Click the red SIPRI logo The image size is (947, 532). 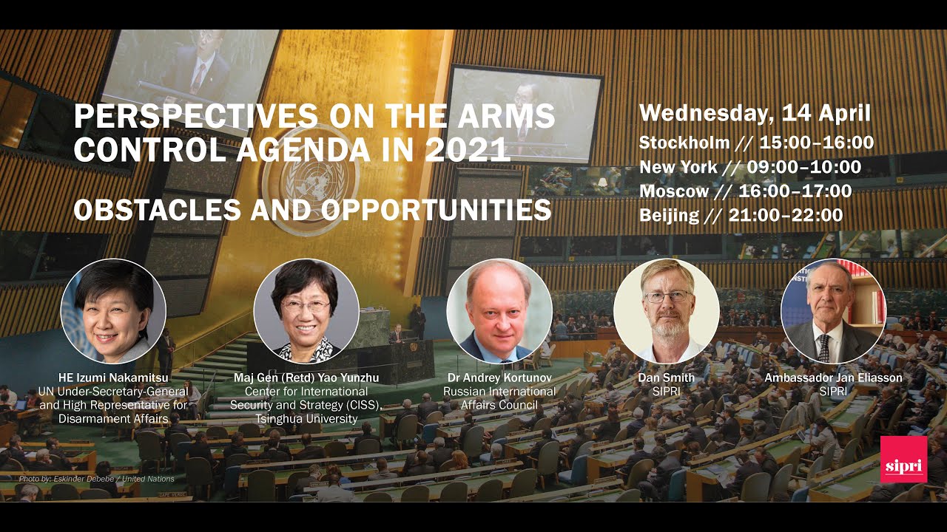click(x=903, y=459)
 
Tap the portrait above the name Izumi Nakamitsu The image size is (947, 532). click(x=113, y=310)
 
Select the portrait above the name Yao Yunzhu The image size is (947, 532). click(x=306, y=310)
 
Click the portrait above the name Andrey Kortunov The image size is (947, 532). click(x=499, y=310)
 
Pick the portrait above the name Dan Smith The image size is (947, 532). click(x=667, y=310)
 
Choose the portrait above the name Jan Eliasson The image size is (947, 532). click(x=833, y=310)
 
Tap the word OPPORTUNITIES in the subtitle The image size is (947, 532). click(x=437, y=210)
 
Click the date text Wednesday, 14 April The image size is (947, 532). click(x=755, y=113)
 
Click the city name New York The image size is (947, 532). click(x=678, y=167)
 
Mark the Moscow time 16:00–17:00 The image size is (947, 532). click(x=798, y=191)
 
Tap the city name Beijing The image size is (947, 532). click(x=669, y=216)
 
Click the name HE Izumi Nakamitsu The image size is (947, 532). click(x=113, y=378)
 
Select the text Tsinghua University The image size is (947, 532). click(x=306, y=418)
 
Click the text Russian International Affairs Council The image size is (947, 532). click(x=499, y=398)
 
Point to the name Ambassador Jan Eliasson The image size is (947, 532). click(x=833, y=378)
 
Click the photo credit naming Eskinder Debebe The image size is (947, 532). click(x=97, y=479)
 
